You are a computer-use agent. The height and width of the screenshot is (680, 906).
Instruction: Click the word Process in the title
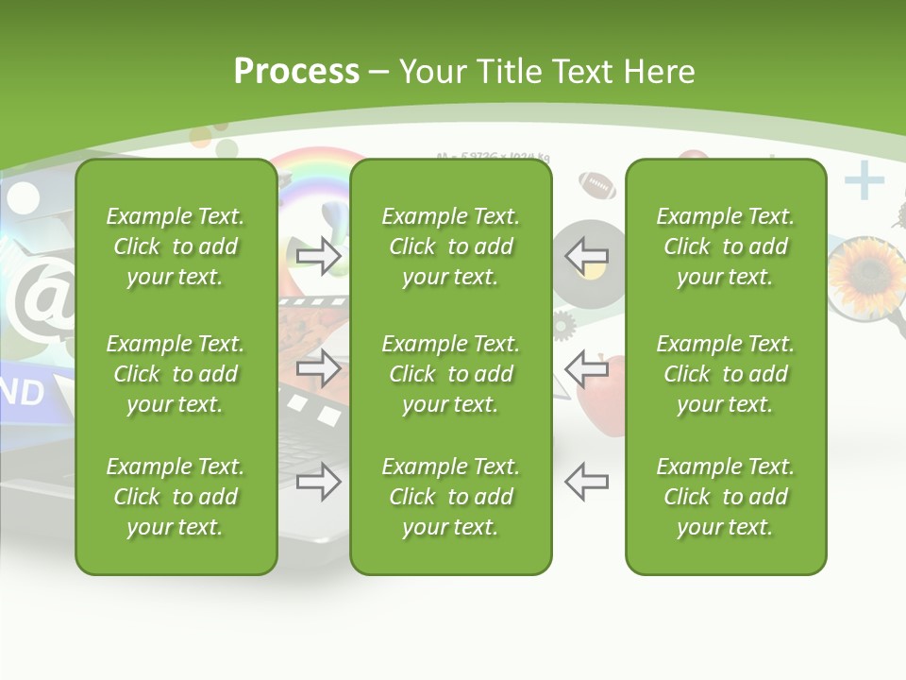[x=296, y=72]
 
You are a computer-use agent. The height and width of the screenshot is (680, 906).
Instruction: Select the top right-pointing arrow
[x=318, y=256]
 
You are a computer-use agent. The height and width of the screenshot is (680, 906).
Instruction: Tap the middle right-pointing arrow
[x=318, y=368]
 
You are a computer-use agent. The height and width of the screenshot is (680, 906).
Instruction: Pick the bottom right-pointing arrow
[x=318, y=483]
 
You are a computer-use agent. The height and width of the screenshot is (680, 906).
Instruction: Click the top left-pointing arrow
[x=587, y=255]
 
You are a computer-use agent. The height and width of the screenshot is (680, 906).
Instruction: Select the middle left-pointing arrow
[x=587, y=367]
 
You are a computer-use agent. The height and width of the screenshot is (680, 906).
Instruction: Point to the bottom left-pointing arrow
[x=587, y=481]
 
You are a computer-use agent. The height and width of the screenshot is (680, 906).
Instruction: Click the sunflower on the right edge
[x=865, y=273]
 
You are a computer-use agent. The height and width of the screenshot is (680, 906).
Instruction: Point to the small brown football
[x=597, y=184]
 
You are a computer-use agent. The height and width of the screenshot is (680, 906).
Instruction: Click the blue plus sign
[x=864, y=181]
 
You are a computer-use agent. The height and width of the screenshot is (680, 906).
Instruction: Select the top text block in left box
[x=176, y=246]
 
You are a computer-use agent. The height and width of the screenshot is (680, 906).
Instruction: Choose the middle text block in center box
[x=450, y=374]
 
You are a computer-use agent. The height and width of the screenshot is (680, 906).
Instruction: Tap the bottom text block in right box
[x=725, y=497]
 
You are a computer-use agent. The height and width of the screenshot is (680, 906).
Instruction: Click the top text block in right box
[x=725, y=246]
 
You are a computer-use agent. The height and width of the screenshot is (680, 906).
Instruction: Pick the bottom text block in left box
[x=176, y=497]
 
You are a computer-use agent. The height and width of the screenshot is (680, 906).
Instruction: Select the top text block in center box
[x=450, y=246]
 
